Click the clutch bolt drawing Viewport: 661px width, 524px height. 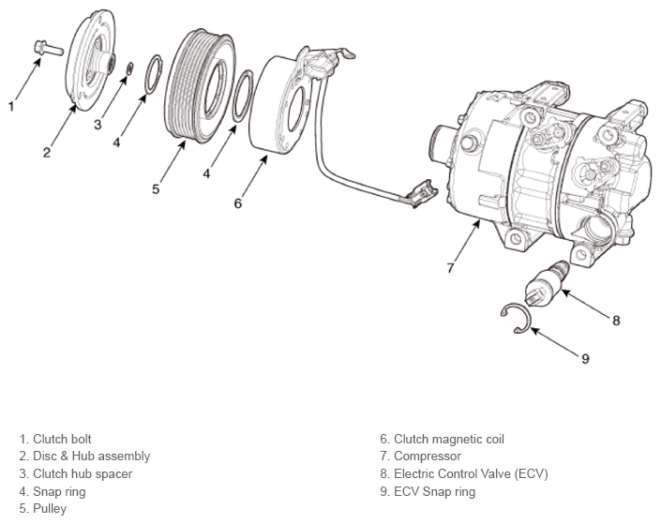(x=48, y=48)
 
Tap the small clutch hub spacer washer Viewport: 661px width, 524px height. (x=130, y=68)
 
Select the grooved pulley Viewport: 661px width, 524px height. (x=199, y=85)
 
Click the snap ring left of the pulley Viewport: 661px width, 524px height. (x=154, y=74)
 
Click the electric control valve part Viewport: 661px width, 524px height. (x=546, y=285)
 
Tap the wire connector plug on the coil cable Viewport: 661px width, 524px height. (x=422, y=193)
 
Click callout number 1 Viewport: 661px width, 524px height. (x=11, y=106)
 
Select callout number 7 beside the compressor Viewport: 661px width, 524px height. (x=450, y=268)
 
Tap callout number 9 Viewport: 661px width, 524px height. (x=585, y=359)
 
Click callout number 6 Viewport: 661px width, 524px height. (x=238, y=203)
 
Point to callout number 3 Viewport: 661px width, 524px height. (x=98, y=125)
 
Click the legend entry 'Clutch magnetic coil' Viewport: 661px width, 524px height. (x=442, y=440)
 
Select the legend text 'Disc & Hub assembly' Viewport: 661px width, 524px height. (x=84, y=457)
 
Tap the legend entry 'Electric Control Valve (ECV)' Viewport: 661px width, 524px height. (x=464, y=473)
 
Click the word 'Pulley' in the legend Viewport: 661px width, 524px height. (x=50, y=509)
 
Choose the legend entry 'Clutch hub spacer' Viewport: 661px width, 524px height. (x=75, y=473)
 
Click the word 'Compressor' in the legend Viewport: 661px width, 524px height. (x=428, y=457)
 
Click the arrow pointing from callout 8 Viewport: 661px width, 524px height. (x=585, y=303)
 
